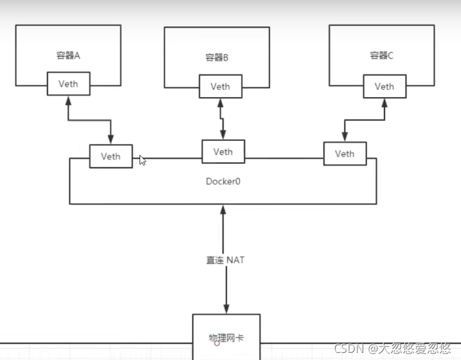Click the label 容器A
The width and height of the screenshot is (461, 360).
[x=68, y=56]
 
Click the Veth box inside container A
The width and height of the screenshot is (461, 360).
[x=68, y=84]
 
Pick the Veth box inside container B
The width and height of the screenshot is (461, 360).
[x=220, y=87]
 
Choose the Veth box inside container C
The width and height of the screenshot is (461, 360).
[x=384, y=86]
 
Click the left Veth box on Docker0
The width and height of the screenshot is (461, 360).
[x=111, y=156]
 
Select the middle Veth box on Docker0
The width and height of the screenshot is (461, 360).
[x=222, y=152]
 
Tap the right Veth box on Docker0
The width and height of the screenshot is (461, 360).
[x=345, y=154]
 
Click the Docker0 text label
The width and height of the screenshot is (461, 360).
[x=222, y=181]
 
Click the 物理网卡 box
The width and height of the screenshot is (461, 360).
[x=226, y=336]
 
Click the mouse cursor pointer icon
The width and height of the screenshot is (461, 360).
[x=142, y=160]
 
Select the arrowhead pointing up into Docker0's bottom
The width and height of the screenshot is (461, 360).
[x=223, y=210]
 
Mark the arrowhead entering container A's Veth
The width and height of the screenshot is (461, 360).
[x=68, y=100]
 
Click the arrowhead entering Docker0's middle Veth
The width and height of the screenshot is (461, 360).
[x=223, y=136]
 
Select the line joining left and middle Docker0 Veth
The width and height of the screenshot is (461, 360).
[x=167, y=157]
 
